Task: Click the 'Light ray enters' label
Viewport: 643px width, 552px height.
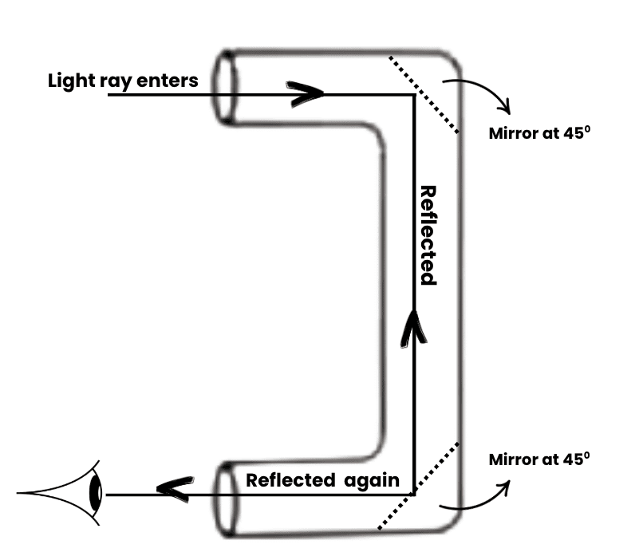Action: coord(123,81)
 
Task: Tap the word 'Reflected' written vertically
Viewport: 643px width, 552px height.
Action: coord(428,235)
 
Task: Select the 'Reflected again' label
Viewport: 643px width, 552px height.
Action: coord(322,480)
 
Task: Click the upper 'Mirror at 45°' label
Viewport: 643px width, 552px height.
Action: coord(538,132)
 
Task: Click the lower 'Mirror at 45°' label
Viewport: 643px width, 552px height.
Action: coord(538,459)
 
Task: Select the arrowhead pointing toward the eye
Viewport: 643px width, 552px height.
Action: coord(174,488)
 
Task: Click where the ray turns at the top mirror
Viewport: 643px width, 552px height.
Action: coord(413,95)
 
